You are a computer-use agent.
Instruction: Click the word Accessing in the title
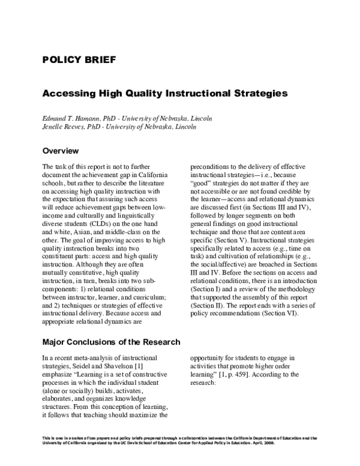pyautogui.click(x=69, y=94)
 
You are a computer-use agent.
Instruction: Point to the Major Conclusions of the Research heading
pyautogui.click(x=111, y=342)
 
